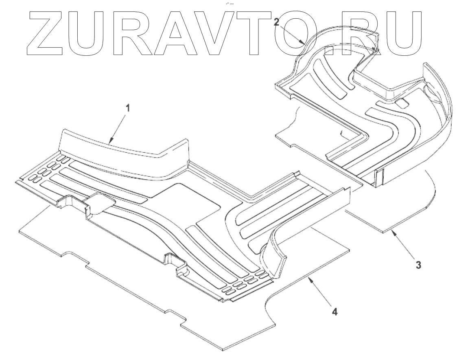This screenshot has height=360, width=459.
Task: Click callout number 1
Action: [x=128, y=109]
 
